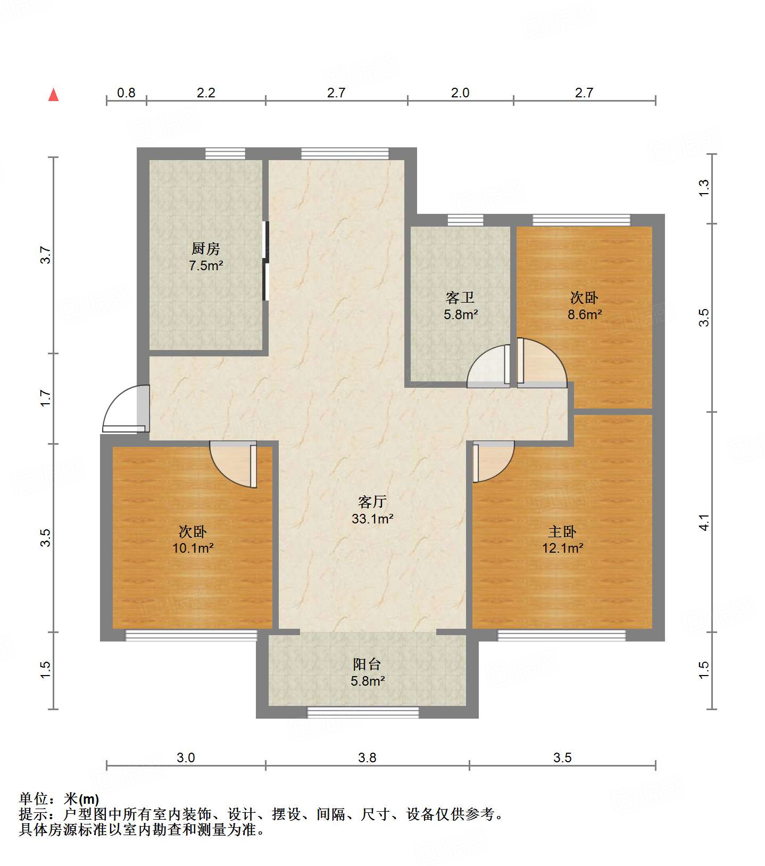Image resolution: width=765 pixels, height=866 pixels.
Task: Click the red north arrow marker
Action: (x=53, y=95)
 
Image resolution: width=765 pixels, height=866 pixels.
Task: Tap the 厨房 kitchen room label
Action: (x=205, y=248)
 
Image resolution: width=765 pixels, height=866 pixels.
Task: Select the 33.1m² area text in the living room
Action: (x=372, y=519)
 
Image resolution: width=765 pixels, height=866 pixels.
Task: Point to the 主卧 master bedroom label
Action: (x=562, y=531)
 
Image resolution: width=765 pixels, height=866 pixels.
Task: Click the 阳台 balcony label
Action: (x=367, y=664)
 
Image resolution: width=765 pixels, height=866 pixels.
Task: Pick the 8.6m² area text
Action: (x=584, y=314)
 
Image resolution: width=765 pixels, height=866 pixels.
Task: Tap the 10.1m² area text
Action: (x=193, y=548)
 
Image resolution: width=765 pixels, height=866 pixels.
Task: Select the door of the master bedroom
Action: (x=492, y=462)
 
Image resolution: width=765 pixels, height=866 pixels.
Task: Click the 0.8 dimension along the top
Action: (x=126, y=93)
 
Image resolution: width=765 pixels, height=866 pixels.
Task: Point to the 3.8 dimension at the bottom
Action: (x=367, y=757)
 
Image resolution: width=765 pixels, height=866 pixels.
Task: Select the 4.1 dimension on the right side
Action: (x=704, y=522)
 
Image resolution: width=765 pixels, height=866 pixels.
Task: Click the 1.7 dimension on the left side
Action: (x=46, y=398)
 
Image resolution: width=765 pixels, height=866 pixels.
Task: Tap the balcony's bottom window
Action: (x=363, y=712)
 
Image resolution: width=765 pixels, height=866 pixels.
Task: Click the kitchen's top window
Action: (x=226, y=154)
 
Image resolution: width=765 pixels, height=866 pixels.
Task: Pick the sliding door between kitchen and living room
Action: (x=266, y=261)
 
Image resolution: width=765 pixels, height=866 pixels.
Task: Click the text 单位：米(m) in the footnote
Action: (x=59, y=798)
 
